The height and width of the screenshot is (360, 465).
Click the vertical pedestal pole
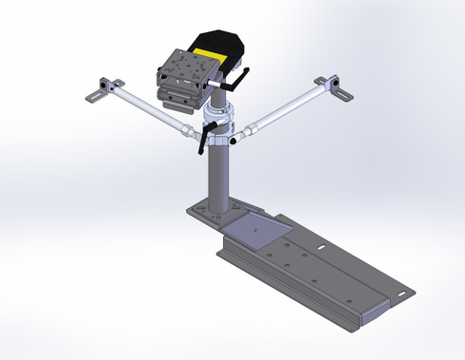point(218,176)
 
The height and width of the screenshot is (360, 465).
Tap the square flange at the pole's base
point(211,211)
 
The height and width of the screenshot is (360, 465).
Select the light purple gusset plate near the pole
point(258,228)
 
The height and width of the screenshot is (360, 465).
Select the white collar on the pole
point(218,124)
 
